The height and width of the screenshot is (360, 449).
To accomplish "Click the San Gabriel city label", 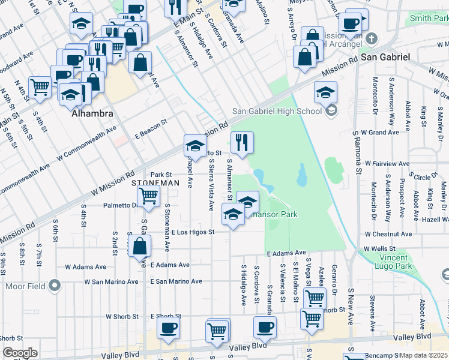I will pos(385,56).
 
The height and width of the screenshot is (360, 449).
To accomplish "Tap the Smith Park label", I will pos(429,19).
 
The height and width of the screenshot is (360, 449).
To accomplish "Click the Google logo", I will pos(20,353).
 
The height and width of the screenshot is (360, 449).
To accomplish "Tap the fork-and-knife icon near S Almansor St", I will pos(242,142).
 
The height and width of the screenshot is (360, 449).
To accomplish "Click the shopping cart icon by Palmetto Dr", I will pos(148,195).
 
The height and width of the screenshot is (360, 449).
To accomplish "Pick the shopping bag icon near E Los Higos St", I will pos(139,246).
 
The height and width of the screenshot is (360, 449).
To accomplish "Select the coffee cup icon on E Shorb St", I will pos(168,328).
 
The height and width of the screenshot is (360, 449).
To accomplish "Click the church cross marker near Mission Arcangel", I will pos(372,39).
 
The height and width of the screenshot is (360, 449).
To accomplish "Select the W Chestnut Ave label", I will pos(391,234).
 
